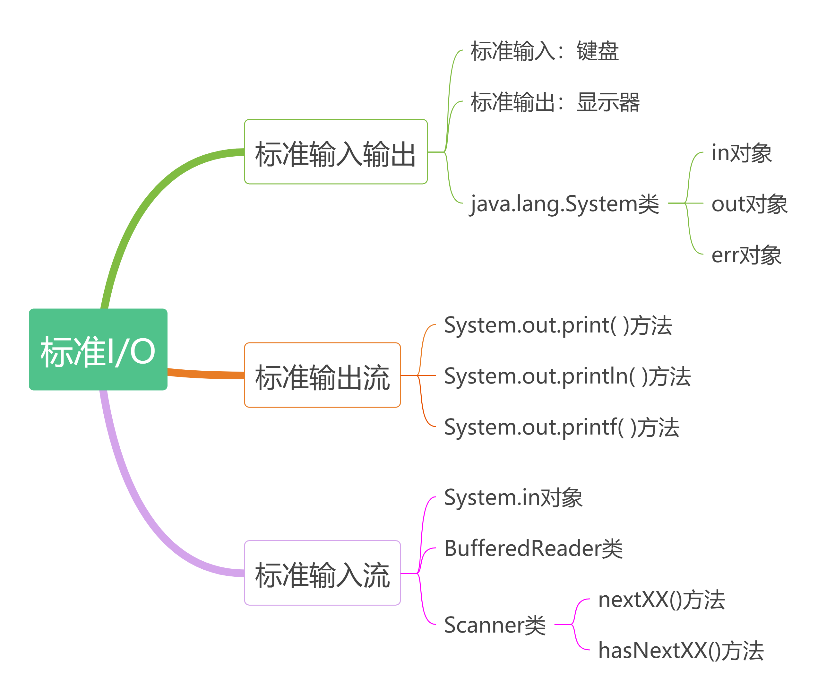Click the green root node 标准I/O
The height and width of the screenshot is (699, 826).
click(98, 349)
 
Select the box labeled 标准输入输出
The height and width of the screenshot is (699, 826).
click(336, 152)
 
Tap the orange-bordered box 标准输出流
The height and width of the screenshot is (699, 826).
click(322, 375)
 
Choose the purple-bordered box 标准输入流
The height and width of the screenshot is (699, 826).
click(322, 573)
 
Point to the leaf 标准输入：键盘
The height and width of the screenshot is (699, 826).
click(544, 51)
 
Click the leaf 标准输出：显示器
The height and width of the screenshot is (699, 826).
click(555, 102)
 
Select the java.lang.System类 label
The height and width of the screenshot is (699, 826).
click(564, 204)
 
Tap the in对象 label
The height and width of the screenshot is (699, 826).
click(742, 153)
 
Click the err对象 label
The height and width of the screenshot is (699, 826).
click(746, 255)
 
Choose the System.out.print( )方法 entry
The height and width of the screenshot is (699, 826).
click(558, 325)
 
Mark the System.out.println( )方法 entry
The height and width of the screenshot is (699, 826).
click(567, 376)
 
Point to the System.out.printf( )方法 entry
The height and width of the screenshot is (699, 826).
click(562, 427)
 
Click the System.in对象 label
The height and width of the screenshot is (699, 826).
click(513, 497)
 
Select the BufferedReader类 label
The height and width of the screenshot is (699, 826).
click(533, 548)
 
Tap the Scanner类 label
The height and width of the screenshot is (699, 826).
click(495, 625)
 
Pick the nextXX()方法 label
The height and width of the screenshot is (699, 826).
click(661, 600)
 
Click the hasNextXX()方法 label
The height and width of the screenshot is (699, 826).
click(681, 650)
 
